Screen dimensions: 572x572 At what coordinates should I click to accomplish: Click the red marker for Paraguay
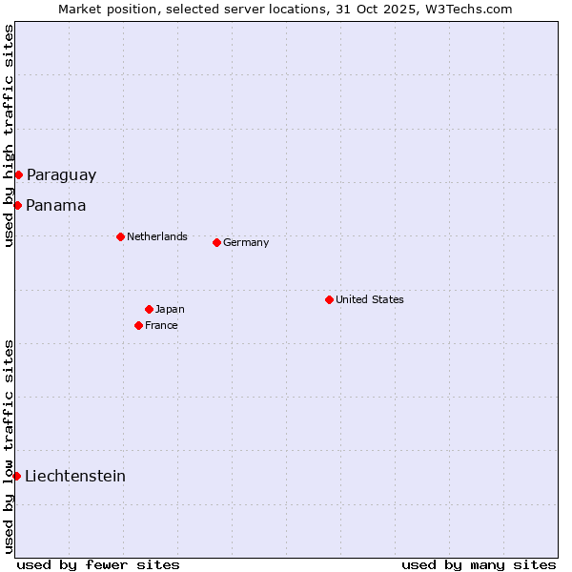pos(18,174)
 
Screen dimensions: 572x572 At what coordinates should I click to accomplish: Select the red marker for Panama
pos(17,205)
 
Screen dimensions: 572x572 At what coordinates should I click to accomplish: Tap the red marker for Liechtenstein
pos(16,476)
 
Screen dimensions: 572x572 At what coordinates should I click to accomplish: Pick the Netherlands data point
pos(120,236)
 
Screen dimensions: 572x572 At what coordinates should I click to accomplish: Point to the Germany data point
pos(216,242)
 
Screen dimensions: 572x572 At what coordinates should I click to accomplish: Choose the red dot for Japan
pos(149,309)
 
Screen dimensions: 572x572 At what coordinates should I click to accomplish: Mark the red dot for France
pos(138,325)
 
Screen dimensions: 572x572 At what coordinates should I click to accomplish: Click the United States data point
pos(329,299)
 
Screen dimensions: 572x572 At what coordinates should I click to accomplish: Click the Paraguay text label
pos(61,174)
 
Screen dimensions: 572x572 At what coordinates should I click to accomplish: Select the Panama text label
pos(55,205)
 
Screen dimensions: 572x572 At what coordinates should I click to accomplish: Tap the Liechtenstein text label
pos(75,476)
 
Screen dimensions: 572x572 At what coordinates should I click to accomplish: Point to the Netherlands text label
pos(157,236)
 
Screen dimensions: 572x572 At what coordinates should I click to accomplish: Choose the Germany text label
pos(246,242)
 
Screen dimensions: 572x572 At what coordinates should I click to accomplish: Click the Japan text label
pos(170,309)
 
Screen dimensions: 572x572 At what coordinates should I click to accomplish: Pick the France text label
pos(161,325)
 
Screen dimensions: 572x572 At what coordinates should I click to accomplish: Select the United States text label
pos(370,299)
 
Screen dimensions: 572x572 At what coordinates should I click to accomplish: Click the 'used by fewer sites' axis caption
pos(98,564)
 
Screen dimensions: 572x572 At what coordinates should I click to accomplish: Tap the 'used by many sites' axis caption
pos(479,564)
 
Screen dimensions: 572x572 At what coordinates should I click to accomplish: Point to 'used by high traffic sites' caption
pos(9,135)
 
